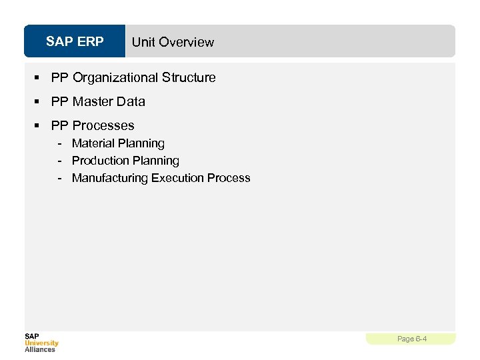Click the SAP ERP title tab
75,41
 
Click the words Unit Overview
173,42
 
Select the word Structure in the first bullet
189,77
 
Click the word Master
93,101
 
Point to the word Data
131,101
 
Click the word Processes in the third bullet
103,125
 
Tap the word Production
99,161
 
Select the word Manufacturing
110,178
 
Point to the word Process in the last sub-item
229,178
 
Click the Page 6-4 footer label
411,339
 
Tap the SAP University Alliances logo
41,342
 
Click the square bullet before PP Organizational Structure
39,78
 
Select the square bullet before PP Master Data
39,102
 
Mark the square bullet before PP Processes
39,126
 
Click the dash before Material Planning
60,144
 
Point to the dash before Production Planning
60,161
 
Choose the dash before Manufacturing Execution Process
60,179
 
